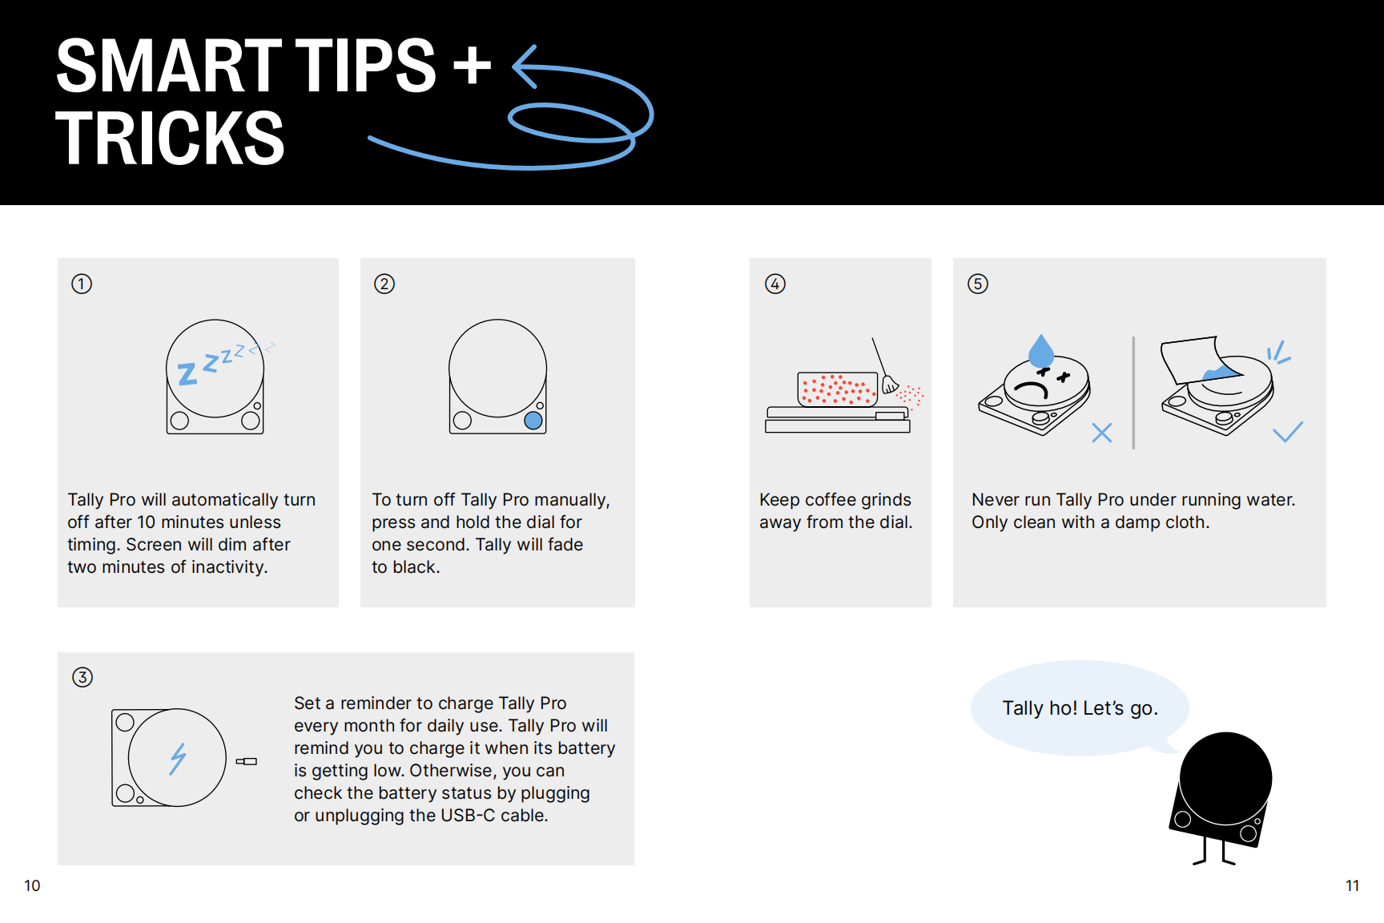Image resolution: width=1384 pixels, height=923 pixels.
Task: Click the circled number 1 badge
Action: click(82, 284)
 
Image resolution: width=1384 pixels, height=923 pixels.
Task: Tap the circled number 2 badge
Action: click(384, 284)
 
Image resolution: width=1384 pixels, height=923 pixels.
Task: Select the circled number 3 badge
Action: click(82, 677)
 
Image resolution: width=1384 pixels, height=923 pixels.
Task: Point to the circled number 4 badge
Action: click(775, 284)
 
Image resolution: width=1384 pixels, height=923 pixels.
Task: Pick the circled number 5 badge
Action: click(978, 284)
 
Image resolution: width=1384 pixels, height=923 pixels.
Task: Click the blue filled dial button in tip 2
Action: click(533, 420)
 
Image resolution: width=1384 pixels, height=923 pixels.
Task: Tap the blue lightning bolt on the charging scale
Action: click(178, 759)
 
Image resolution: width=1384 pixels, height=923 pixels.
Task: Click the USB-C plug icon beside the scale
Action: click(247, 761)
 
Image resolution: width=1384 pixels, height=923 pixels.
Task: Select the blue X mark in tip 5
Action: click(1102, 433)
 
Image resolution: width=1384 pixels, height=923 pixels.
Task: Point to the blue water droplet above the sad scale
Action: click(1041, 351)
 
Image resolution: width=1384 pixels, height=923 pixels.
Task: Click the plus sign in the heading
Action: click(473, 65)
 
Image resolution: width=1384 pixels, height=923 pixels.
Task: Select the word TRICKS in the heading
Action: click(170, 138)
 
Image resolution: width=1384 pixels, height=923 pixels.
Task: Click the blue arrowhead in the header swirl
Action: click(525, 67)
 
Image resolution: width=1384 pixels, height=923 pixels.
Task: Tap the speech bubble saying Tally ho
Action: click(1080, 707)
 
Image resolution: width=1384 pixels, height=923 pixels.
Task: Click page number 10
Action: click(32, 885)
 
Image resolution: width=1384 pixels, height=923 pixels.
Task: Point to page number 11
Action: click(1352, 885)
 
